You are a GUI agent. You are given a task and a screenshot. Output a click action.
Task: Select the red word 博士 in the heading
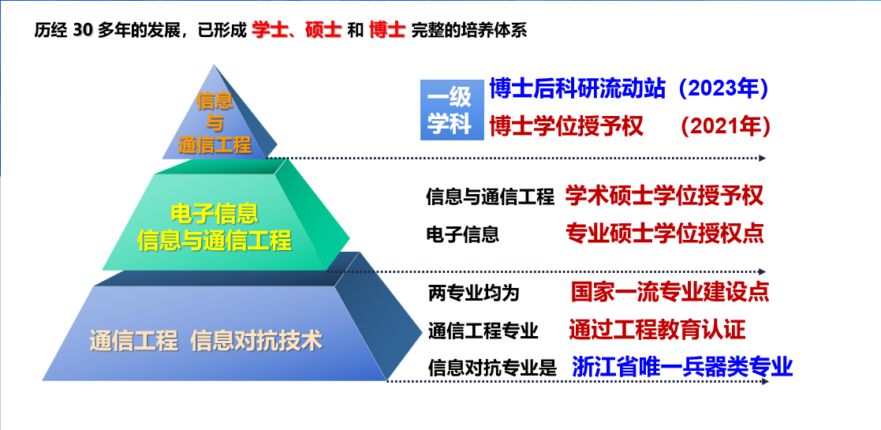tap(387, 30)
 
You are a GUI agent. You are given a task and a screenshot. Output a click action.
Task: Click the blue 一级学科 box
tap(452, 110)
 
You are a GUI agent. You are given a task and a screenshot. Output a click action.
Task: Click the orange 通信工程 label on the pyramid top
tap(215, 146)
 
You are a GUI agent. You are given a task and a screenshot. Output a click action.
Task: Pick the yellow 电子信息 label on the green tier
tap(214, 214)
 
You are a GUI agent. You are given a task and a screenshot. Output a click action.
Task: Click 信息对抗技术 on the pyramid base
tap(257, 341)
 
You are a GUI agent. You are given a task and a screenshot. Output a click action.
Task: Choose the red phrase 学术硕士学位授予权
tap(665, 196)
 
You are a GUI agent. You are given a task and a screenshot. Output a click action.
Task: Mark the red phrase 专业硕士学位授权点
tap(665, 234)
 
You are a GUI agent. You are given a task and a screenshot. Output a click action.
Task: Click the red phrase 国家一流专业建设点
tap(670, 292)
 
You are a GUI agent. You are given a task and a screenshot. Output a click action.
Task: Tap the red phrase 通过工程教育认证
tap(657, 329)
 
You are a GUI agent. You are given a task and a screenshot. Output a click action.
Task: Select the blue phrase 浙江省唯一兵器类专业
tap(683, 366)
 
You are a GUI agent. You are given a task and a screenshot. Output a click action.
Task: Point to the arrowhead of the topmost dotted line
tap(763, 159)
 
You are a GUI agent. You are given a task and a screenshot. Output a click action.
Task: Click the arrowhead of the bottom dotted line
tap(765, 382)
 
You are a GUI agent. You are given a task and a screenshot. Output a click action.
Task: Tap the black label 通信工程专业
tap(483, 331)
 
